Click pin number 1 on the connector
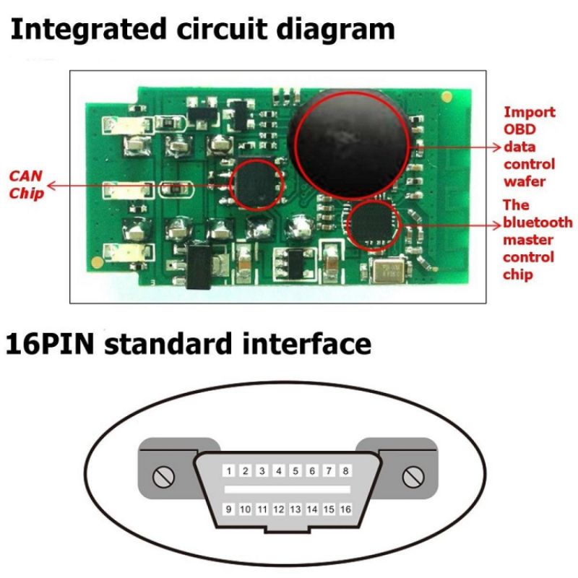[x=228, y=471]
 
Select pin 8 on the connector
[x=346, y=471]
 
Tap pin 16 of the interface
[x=346, y=509]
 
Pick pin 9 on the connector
[x=228, y=509]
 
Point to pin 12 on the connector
[x=279, y=509]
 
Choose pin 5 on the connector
[x=296, y=471]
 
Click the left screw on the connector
[x=164, y=476]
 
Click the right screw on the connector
[x=413, y=476]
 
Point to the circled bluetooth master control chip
[x=372, y=225]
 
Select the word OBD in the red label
[x=518, y=130]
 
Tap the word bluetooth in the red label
[x=538, y=222]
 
